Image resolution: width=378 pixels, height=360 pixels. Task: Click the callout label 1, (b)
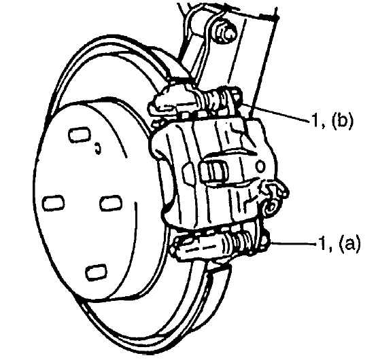(332, 120)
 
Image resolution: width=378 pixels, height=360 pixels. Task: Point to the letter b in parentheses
(342, 120)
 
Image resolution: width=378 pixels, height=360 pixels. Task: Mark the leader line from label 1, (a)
(294, 243)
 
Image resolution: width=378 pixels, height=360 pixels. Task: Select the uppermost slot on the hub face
(80, 135)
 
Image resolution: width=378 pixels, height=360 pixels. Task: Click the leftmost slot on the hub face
(54, 202)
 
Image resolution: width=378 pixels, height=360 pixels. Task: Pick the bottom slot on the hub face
(96, 272)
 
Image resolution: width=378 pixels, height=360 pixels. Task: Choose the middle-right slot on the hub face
(111, 203)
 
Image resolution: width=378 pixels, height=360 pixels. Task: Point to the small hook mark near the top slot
(97, 149)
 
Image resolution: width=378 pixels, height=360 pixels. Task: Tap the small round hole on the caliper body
(260, 166)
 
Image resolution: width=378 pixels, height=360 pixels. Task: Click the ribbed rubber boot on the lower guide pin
(242, 241)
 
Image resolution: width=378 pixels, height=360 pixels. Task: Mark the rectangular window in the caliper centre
(213, 170)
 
